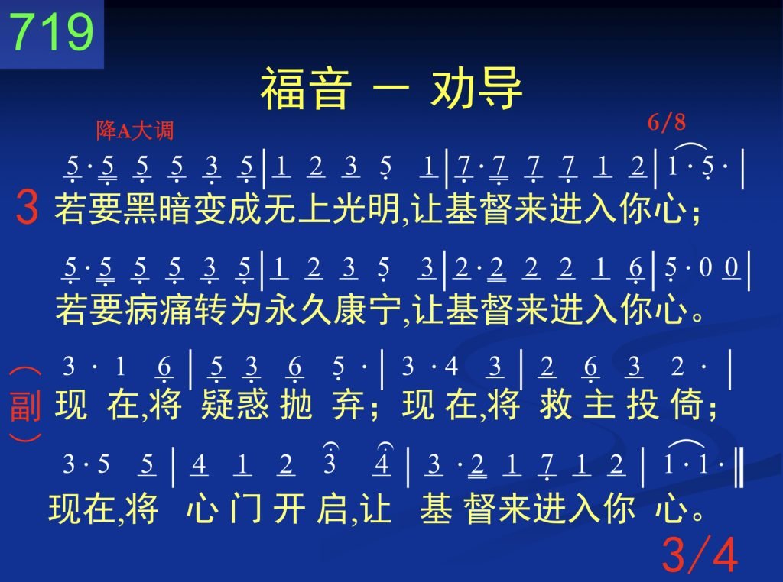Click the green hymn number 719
[51, 31]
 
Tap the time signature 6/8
[667, 122]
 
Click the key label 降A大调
[135, 131]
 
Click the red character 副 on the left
[25, 406]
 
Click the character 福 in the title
[283, 89]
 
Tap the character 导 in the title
[500, 89]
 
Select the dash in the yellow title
[391, 89]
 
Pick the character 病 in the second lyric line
[141, 309]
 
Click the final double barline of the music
[739, 467]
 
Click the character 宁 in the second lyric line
[385, 309]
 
